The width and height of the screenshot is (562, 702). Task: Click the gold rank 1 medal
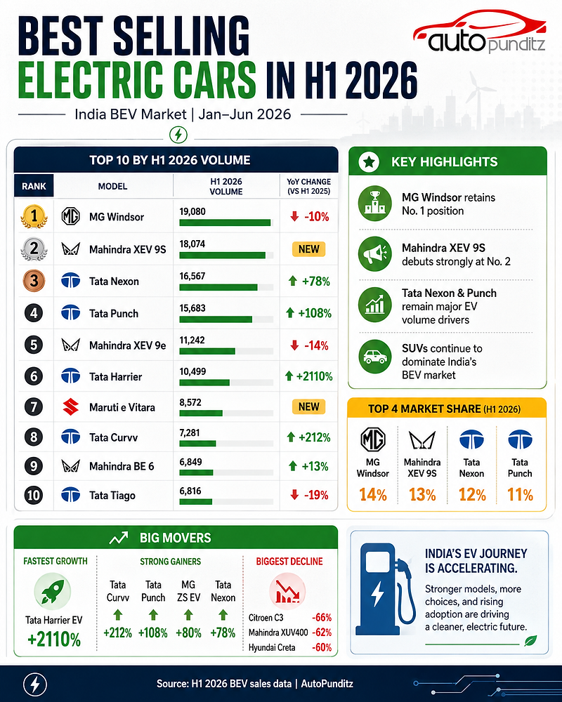(34, 216)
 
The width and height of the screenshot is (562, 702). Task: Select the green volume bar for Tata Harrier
(204, 383)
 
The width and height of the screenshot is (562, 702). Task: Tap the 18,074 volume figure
(192, 244)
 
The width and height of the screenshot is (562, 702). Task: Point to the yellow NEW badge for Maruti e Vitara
(309, 406)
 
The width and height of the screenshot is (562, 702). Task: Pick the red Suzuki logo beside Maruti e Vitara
(71, 407)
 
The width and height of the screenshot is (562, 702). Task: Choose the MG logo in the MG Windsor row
(70, 217)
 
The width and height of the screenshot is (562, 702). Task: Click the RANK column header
(34, 186)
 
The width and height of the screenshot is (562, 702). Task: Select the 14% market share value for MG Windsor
(373, 495)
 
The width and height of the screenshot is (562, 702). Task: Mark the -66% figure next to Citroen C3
(322, 617)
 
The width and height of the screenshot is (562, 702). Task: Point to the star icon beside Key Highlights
(370, 161)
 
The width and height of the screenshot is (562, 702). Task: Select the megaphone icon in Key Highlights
(375, 254)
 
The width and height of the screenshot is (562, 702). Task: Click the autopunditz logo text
(486, 44)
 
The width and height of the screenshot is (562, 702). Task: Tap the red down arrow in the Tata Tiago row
(294, 495)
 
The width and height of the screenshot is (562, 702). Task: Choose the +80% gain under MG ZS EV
(188, 633)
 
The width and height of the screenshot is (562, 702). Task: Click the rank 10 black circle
(34, 495)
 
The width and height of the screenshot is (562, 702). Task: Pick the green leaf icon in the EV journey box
(530, 641)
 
